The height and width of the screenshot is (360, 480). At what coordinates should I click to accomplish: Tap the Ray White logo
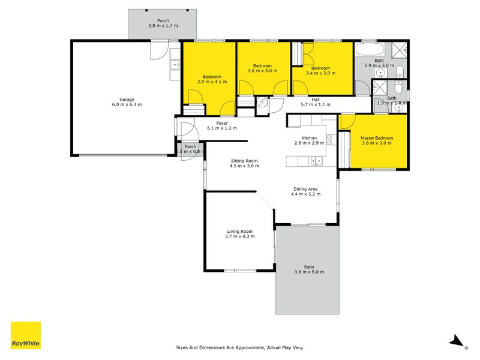[x=26, y=336]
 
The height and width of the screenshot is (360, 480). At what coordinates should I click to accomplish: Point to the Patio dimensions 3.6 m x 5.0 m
[x=308, y=272]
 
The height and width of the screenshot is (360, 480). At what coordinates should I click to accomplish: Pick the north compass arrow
[x=458, y=341]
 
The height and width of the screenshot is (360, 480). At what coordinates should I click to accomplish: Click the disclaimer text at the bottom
[x=243, y=347]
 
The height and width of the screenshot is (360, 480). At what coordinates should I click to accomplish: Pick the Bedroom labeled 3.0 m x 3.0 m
[x=262, y=70]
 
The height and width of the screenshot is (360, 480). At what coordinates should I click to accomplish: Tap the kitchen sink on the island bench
[x=316, y=160]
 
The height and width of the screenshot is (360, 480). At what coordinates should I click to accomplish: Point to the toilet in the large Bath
[x=400, y=73]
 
